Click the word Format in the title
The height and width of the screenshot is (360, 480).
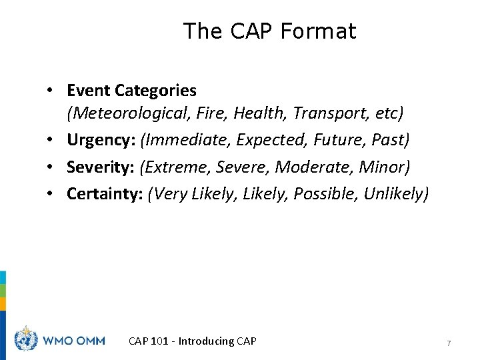[x=318, y=31]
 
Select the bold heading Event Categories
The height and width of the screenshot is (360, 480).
[x=131, y=90]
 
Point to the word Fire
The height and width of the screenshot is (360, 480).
[x=211, y=113]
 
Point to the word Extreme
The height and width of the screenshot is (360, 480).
[x=178, y=167]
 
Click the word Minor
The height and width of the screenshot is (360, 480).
[x=384, y=167]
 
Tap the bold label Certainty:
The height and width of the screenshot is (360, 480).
[x=105, y=194]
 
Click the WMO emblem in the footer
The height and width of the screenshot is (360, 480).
[x=27, y=340]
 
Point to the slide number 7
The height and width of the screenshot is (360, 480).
[x=449, y=343]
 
